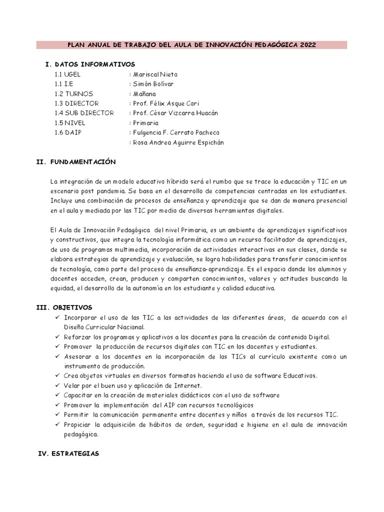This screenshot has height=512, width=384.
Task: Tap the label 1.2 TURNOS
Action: (x=74, y=93)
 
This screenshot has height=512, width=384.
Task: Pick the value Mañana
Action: (x=144, y=93)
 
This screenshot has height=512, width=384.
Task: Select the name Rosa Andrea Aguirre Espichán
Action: (x=178, y=142)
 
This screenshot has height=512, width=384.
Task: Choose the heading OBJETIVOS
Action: (x=74, y=307)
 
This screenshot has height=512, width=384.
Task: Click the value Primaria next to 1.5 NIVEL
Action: (x=145, y=123)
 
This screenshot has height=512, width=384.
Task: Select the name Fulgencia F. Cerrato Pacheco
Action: (x=176, y=132)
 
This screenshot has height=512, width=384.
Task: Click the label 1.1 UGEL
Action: (x=68, y=74)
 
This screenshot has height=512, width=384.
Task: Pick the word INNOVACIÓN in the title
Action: (x=229, y=45)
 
